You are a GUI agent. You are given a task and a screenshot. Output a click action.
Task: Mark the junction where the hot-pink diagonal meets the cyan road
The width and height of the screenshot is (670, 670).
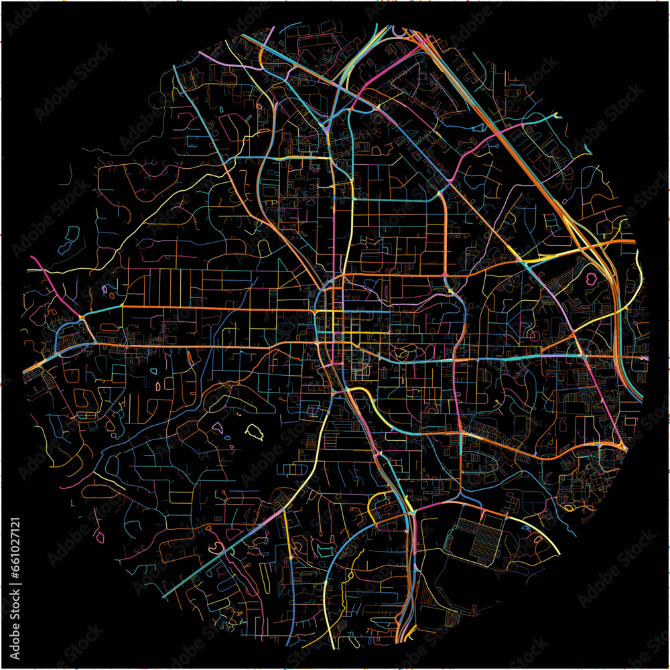[x=80, y=316]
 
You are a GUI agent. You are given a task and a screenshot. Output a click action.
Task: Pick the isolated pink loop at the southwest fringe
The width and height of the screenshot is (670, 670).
[x=100, y=537]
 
